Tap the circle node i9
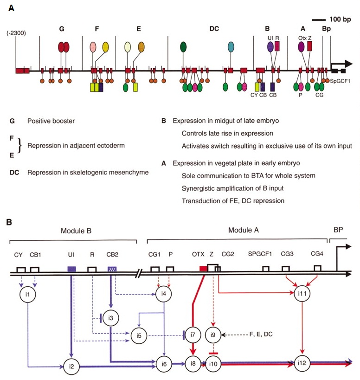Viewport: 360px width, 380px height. pyautogui.click(x=213, y=334)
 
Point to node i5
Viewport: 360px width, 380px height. pyautogui.click(x=138, y=335)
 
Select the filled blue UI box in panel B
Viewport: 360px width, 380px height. pyautogui.click(x=71, y=269)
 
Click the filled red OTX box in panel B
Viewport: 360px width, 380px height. pyautogui.click(x=204, y=269)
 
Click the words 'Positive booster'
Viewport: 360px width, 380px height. pyautogui.click(x=51, y=121)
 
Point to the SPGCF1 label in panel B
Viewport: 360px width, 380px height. pyautogui.click(x=261, y=253)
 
